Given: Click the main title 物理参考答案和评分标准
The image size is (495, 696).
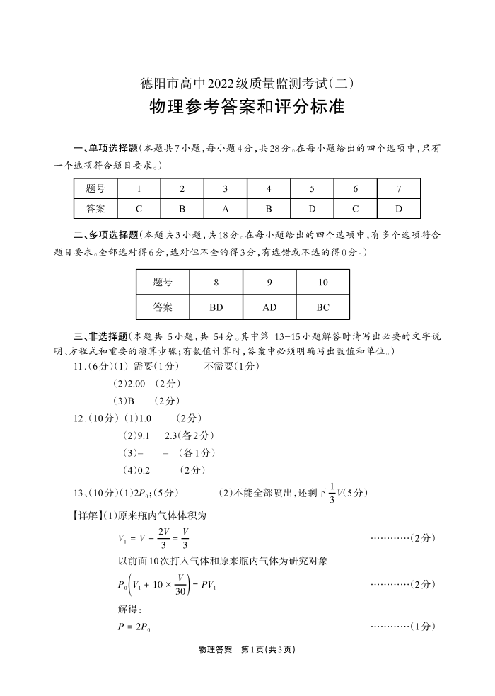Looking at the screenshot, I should (247, 108).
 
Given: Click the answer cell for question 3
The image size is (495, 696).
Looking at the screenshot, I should (225, 209).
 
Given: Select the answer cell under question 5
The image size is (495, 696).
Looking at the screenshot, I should (312, 209).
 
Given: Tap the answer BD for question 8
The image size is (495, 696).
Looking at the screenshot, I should (216, 308).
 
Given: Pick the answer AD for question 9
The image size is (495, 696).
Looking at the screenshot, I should (269, 308).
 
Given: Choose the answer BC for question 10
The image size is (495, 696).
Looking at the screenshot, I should (323, 308).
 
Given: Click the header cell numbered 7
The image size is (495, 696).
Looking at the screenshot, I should (399, 189).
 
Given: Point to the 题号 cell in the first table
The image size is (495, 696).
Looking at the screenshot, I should (95, 189).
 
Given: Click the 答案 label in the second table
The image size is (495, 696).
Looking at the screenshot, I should (163, 308).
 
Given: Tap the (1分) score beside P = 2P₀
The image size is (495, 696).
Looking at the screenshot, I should (423, 627).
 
